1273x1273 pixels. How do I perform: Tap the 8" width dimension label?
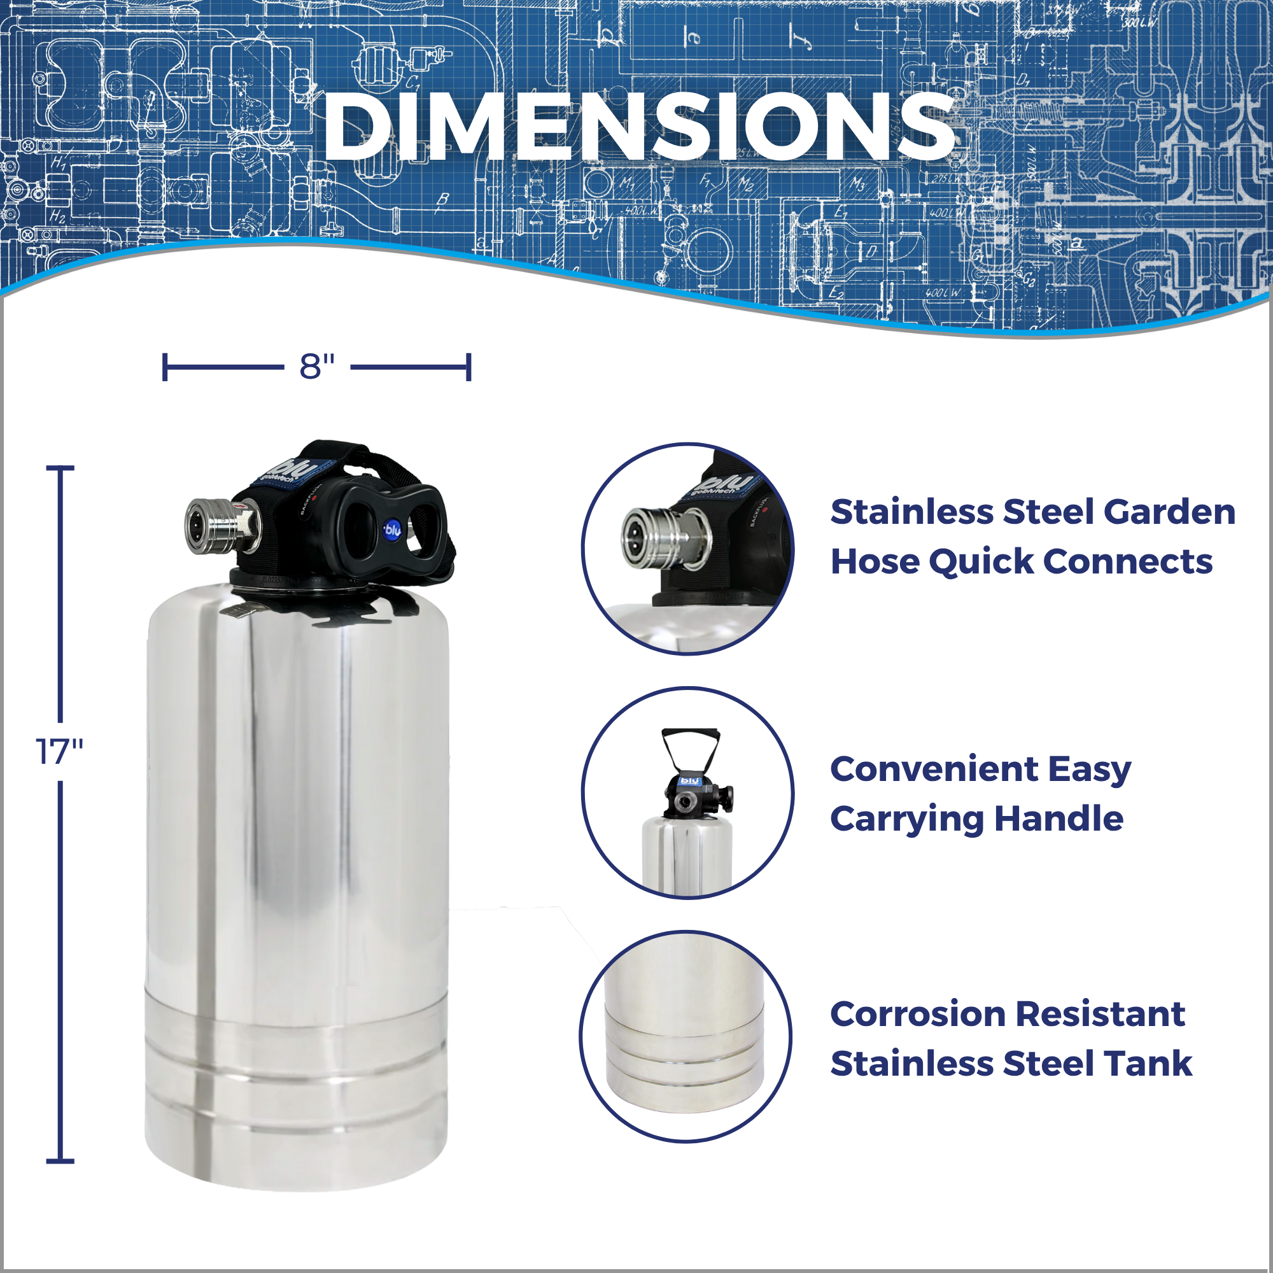317,367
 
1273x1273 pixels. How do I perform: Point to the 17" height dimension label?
59,751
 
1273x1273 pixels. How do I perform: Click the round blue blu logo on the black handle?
393,529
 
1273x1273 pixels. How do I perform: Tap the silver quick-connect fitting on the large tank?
222,525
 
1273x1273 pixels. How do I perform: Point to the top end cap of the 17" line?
60,468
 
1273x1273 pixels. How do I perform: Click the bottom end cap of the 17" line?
60,1161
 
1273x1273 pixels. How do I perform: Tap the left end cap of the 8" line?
165,367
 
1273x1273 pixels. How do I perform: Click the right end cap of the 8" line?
468,367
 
